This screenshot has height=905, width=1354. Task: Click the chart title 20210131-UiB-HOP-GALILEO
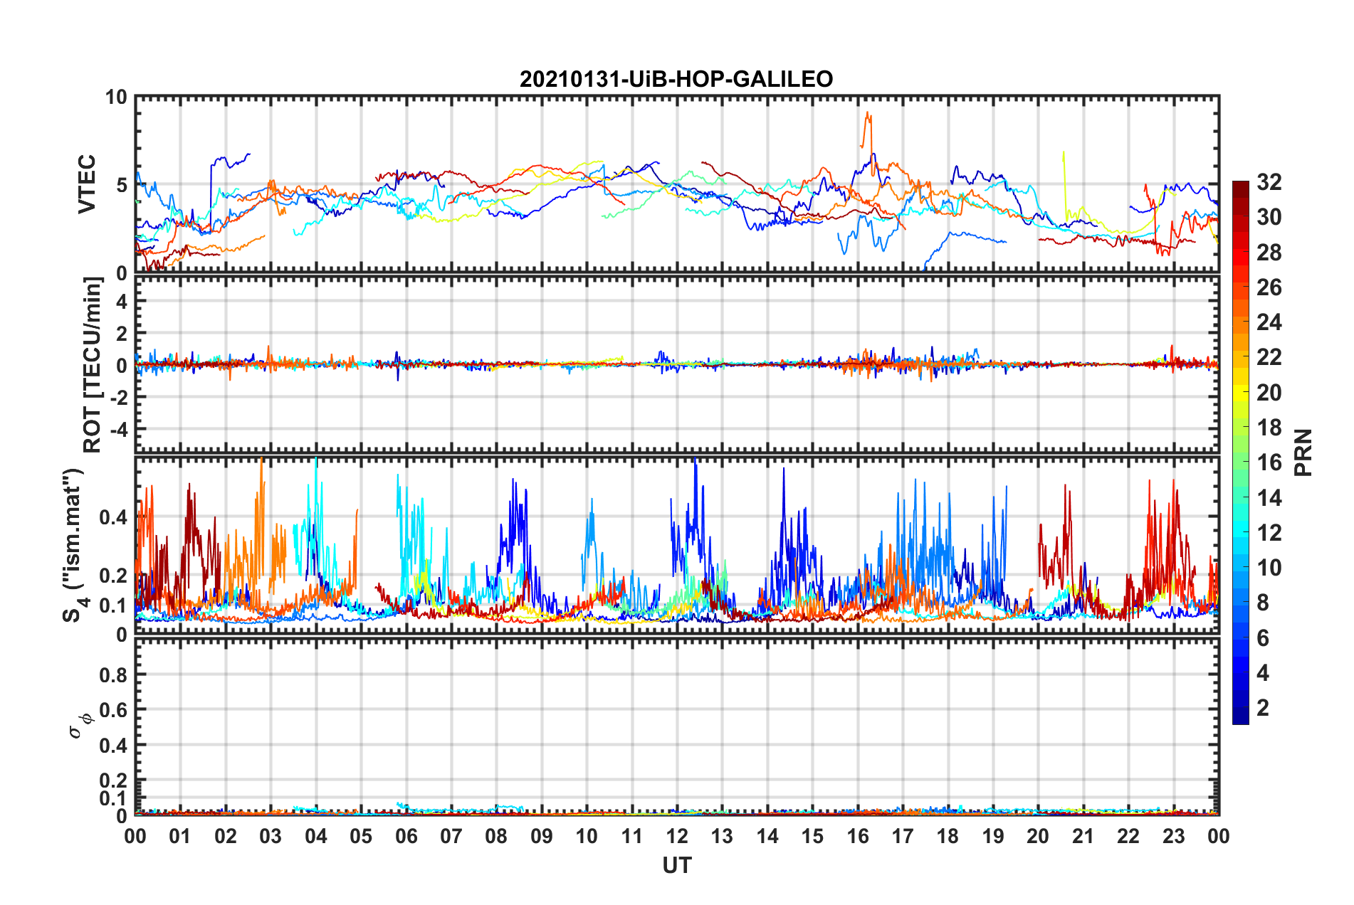click(x=676, y=79)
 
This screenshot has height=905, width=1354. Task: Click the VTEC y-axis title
click(x=87, y=184)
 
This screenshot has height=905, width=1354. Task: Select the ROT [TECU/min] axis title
click(x=93, y=365)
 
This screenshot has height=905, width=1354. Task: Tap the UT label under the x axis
click(x=676, y=865)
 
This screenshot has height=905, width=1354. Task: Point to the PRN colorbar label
click(x=1303, y=452)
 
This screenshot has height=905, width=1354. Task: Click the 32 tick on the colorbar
click(x=1269, y=182)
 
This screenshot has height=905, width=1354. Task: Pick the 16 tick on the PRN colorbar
click(x=1269, y=462)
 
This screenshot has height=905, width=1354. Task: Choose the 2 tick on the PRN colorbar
click(x=1263, y=707)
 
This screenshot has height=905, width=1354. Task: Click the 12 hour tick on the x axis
click(x=677, y=836)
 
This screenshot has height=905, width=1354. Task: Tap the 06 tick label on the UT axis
click(x=406, y=836)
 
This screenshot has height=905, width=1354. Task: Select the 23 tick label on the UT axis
click(x=1173, y=836)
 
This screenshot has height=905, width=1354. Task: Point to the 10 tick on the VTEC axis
click(x=116, y=97)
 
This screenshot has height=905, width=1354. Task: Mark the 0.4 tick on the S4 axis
click(x=113, y=517)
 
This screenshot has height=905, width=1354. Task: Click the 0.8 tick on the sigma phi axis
click(x=113, y=674)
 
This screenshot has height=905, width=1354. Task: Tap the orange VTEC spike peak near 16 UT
click(x=866, y=112)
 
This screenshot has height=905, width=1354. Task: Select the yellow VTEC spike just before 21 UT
click(x=1064, y=152)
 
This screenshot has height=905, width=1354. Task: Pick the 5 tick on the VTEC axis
click(x=122, y=185)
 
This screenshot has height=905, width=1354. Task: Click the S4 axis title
click(x=74, y=545)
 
